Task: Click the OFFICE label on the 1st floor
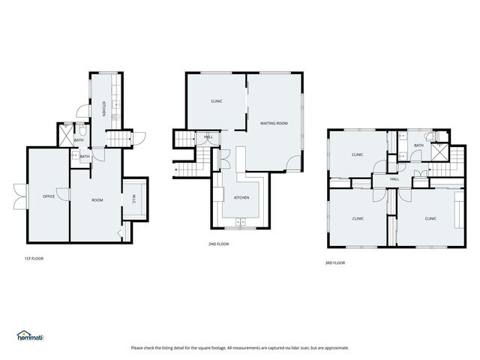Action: [49, 196]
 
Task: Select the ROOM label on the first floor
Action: [97, 200]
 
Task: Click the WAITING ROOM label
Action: [274, 123]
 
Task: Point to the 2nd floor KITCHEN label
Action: [241, 197]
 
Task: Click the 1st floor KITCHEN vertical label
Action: [103, 108]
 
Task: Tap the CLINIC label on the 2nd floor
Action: [216, 101]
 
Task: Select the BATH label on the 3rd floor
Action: [418, 145]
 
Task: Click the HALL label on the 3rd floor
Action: [394, 179]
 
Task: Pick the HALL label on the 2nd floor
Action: [208, 137]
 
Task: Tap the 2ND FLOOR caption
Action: [218, 244]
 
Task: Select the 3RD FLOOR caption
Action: [335, 262]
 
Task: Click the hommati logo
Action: [30, 337]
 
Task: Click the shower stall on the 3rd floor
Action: [438, 152]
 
